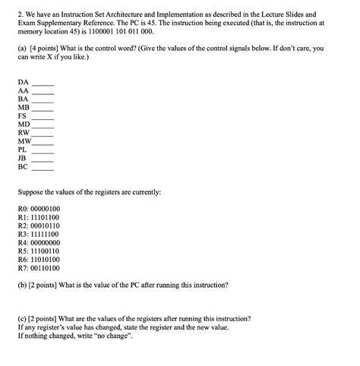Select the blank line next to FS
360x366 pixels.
coord(42,117)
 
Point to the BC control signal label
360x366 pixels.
coord(23,169)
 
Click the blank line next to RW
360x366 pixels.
coord(43,134)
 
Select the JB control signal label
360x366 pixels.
coord(22,159)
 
